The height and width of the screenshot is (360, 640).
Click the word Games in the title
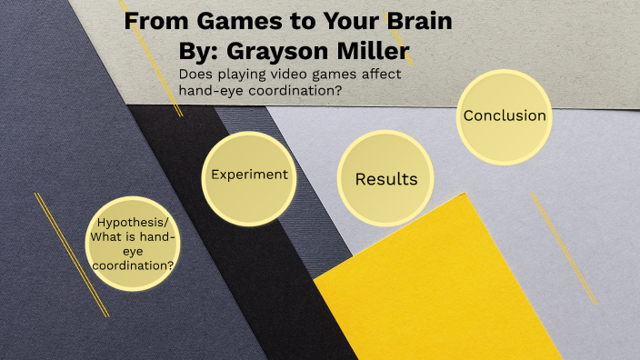221,21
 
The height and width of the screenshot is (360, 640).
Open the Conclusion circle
505,116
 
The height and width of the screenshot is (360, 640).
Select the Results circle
385,179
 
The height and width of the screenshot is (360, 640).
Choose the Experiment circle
249,178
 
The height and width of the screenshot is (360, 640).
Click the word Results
385,179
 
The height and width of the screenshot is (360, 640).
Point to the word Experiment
249,175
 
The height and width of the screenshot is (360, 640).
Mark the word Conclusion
505,116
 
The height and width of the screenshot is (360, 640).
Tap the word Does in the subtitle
195,75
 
